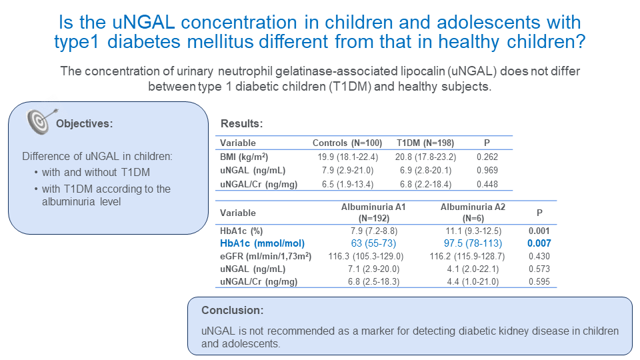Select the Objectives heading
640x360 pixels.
click(85, 123)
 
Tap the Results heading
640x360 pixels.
click(241, 124)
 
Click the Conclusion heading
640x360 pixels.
click(233, 311)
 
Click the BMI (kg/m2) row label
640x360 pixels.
click(245, 157)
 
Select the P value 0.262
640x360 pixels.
click(488, 157)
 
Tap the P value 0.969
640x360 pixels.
click(488, 171)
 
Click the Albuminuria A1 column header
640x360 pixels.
click(373, 212)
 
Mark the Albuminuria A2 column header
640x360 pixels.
click(473, 212)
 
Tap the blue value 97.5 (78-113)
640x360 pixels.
click(473, 243)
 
